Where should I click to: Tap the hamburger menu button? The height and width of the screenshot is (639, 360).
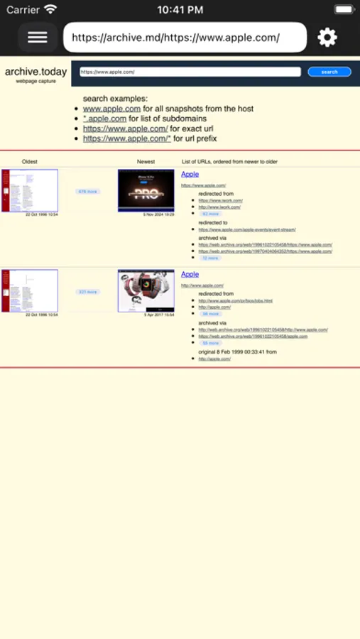[x=37, y=38]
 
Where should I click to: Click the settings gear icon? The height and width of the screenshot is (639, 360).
[x=327, y=38]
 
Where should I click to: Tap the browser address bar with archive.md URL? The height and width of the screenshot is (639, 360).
[x=185, y=38]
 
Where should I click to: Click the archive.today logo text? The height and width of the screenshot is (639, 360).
[x=36, y=72]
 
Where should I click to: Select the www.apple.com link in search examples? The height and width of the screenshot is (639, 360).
[x=111, y=109]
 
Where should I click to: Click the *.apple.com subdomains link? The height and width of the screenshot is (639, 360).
[x=104, y=119]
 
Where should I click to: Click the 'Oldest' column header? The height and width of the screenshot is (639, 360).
[x=30, y=162]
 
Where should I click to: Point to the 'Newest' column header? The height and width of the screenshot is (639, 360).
[x=146, y=162]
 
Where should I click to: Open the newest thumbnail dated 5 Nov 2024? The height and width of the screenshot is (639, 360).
[x=146, y=190]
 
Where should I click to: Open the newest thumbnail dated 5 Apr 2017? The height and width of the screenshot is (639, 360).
[x=146, y=290]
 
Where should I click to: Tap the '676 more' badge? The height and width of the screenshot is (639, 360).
[x=88, y=192]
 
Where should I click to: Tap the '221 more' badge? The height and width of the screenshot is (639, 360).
[x=88, y=292]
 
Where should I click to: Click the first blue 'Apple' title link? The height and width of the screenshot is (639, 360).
[x=190, y=174]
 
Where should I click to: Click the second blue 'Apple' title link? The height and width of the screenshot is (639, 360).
[x=190, y=274]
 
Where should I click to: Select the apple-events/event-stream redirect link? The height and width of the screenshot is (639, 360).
[x=247, y=229]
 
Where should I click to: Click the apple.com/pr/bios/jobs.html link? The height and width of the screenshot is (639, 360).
[x=235, y=300]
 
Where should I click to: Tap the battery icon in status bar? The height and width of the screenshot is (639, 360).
[x=344, y=10]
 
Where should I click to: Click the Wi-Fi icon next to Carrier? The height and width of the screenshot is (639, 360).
[x=50, y=10]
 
